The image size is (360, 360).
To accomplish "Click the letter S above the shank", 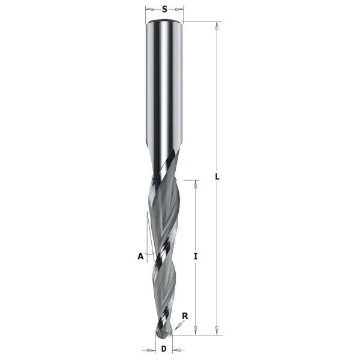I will pos(164,10).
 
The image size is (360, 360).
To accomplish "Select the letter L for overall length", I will pos(218,177).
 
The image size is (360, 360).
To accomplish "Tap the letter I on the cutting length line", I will pos(196,256).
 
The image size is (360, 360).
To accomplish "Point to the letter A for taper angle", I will pos(140,256).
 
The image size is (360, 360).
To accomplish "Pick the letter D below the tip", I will pos(164,349).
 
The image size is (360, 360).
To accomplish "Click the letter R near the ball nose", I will pos(185,315).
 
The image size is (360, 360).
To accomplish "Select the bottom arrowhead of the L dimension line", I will pos(218,331).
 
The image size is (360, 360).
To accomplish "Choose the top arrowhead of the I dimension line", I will pos(196,183).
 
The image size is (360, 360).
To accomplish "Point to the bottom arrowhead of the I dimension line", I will pos(196,331).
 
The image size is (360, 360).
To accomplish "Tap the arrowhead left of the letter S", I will pos(149,10).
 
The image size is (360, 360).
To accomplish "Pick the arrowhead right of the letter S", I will pos(180,10).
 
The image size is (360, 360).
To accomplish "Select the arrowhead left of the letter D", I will pos(151,349).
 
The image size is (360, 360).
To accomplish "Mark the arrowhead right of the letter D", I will pos(175,349).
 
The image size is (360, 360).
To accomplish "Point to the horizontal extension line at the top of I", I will pos(189,179).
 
